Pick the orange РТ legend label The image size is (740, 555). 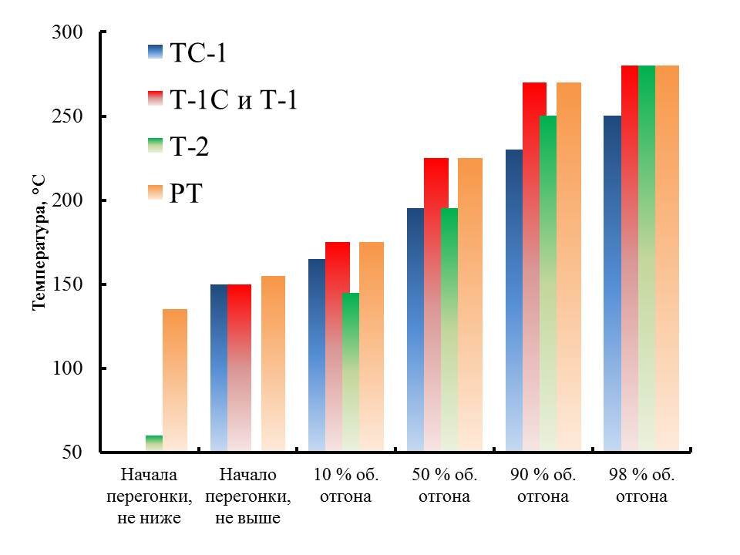pos(185,193)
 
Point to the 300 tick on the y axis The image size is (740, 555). pos(69,33)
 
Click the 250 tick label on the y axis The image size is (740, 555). pos(69,117)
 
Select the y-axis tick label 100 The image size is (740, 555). pos(69,368)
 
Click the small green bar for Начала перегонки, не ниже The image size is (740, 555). pos(153,443)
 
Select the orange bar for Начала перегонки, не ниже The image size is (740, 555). pos(175,379)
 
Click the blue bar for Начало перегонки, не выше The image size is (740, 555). pos(219,367)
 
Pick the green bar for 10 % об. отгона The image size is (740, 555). pos(351,372)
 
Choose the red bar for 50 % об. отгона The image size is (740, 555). pos(436,304)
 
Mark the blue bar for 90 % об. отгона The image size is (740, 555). pos(514,300)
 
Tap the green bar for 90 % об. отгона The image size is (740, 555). pos(547,284)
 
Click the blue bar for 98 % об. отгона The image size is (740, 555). pos(612,283)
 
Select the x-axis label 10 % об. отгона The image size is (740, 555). pos(346,486)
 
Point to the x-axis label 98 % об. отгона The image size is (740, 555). pos(641,486)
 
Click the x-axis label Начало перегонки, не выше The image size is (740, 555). pos(247,496)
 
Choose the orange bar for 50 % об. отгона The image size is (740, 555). pos(470,304)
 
